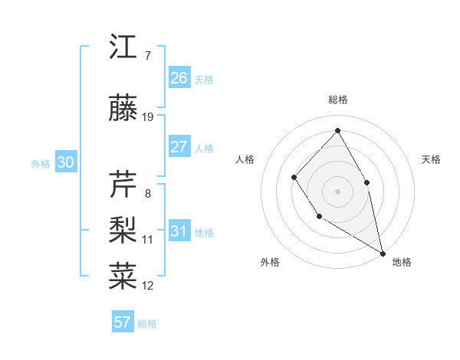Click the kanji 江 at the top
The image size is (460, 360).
[123, 47]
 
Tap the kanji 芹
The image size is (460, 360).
[123, 185]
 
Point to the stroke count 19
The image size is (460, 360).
[148, 117]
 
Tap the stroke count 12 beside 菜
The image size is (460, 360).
[148, 286]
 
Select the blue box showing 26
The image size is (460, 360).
[179, 78]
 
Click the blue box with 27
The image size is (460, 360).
[179, 147]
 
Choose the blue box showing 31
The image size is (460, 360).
[179, 231]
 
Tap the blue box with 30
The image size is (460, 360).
[65, 162]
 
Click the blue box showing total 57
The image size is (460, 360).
[123, 322]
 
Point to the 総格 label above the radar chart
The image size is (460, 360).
[337, 100]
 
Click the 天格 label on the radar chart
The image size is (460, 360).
[431, 159]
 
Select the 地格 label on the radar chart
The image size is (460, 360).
[402, 262]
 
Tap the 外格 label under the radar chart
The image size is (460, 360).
[270, 262]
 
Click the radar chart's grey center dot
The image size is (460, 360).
[337, 191]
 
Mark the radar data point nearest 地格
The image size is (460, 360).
[383, 252]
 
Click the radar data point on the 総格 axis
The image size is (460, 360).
[337, 130]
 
